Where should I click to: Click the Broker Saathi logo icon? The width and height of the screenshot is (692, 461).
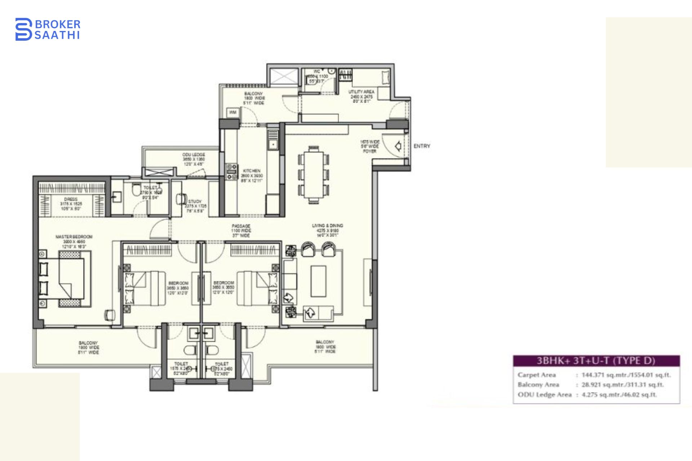pyautogui.click(x=23, y=29)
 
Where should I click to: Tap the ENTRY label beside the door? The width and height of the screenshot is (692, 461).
pyautogui.click(x=422, y=146)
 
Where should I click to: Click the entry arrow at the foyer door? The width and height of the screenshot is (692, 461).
pyautogui.click(x=398, y=146)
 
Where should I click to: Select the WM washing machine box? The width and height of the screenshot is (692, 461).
pyautogui.click(x=232, y=112)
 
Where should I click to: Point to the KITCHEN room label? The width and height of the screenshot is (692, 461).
pyautogui.click(x=252, y=171)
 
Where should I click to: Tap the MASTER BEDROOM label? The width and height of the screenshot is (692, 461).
pyautogui.click(x=74, y=237)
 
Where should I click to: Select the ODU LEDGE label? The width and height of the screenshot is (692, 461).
pyautogui.click(x=194, y=155)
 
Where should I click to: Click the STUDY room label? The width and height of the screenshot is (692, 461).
pyautogui.click(x=195, y=201)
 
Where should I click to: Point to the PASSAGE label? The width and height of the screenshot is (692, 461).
pyautogui.click(x=241, y=226)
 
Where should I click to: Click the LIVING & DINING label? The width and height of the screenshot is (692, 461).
pyautogui.click(x=327, y=226)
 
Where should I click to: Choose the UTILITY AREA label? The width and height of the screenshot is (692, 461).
pyautogui.click(x=361, y=92)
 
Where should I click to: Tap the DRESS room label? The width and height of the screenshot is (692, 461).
pyautogui.click(x=71, y=199)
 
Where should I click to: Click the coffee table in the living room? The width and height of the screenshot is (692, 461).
pyautogui.click(x=318, y=281)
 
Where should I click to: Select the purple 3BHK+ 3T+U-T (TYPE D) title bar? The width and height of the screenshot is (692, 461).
pyautogui.click(x=596, y=361)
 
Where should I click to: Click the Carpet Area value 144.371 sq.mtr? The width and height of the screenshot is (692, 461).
pyautogui.click(x=626, y=375)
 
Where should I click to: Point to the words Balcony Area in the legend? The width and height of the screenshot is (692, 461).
pyautogui.click(x=538, y=385)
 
